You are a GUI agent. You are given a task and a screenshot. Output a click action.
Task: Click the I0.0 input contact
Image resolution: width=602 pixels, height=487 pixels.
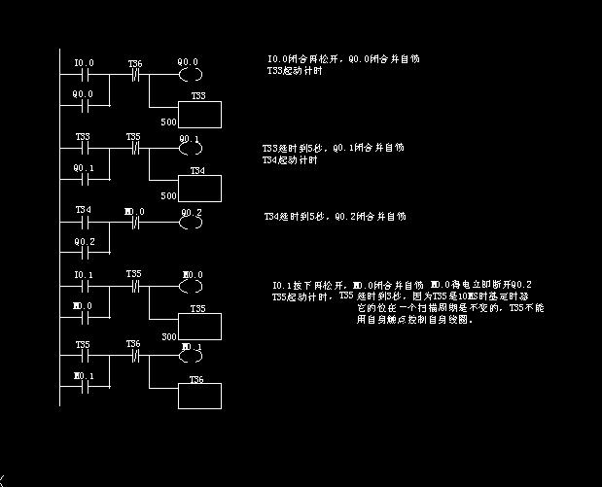[84, 74]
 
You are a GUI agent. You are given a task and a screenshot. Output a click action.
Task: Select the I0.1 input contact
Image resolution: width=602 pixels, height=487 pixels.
[84, 288]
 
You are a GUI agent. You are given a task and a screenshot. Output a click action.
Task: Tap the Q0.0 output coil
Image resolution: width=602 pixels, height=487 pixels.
[189, 74]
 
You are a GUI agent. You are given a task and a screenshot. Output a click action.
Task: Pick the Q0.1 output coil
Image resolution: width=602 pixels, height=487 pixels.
[189, 151]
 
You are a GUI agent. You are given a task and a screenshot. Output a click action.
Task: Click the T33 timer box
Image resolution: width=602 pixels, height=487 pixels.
[197, 113]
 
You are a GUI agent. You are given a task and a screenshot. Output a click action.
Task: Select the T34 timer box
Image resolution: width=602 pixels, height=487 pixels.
[197, 187]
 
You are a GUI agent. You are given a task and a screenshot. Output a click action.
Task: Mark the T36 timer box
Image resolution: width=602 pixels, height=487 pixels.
[197, 395]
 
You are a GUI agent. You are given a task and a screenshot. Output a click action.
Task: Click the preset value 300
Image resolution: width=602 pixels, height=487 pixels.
[168, 335]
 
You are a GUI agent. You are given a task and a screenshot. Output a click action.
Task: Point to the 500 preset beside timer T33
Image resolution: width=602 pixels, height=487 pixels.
[168, 123]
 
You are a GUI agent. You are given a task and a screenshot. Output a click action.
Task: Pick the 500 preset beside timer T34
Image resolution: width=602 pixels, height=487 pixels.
[168, 196]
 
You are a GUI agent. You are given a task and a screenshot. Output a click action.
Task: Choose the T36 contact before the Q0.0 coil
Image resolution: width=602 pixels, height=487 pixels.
[135, 74]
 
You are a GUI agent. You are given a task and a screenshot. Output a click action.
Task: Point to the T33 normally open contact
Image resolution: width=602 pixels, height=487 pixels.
[84, 151]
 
